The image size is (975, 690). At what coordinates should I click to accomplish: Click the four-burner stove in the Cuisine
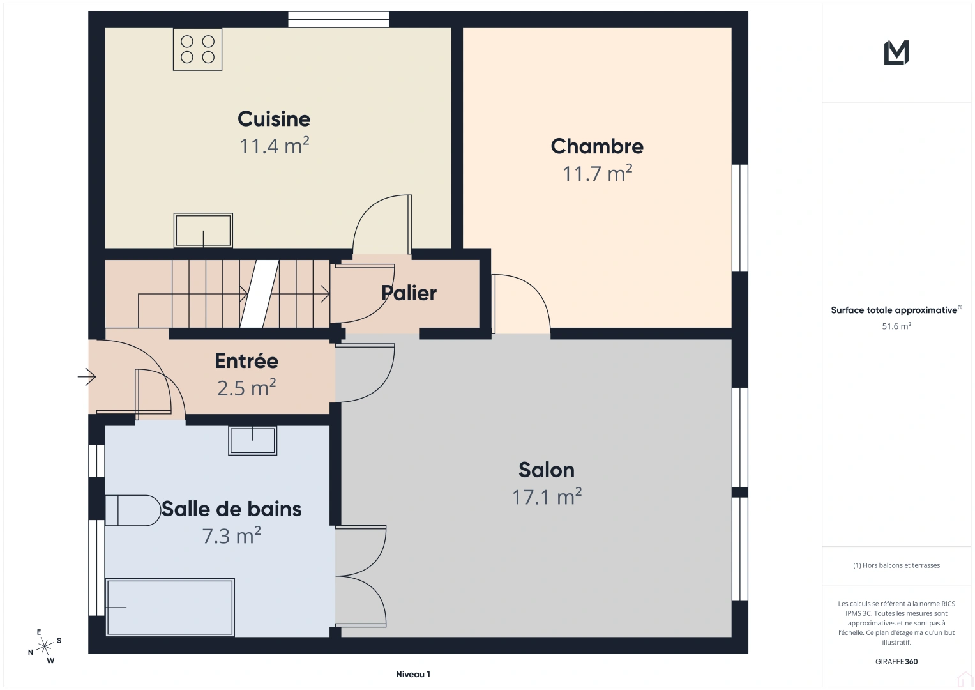point(197,49)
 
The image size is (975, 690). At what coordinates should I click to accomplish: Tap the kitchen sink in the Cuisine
point(203,231)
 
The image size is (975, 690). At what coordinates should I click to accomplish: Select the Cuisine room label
point(274,119)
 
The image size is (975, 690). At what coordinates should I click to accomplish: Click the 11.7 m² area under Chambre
point(597,173)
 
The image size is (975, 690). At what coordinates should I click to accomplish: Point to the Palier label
point(409,293)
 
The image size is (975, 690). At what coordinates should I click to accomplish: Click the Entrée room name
point(246,361)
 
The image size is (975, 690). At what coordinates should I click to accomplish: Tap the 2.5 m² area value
point(246,388)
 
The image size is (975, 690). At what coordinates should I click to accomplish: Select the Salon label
point(547,470)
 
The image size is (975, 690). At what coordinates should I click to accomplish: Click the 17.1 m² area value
point(547,497)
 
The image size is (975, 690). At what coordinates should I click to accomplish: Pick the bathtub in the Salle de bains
point(170,607)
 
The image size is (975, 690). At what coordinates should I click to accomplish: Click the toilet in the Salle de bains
point(133,510)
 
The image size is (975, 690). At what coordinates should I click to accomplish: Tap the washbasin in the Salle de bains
point(252,441)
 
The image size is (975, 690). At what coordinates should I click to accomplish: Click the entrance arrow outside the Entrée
point(87,377)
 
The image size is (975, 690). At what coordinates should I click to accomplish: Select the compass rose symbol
point(45,647)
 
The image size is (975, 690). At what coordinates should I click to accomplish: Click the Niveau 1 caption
point(413,674)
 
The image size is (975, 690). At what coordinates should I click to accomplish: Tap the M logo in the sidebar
point(896,52)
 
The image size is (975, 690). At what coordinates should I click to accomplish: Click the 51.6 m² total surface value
point(896,326)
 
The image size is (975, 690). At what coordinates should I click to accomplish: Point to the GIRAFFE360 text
point(896,661)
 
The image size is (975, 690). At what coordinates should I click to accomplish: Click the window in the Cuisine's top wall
point(338,20)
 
